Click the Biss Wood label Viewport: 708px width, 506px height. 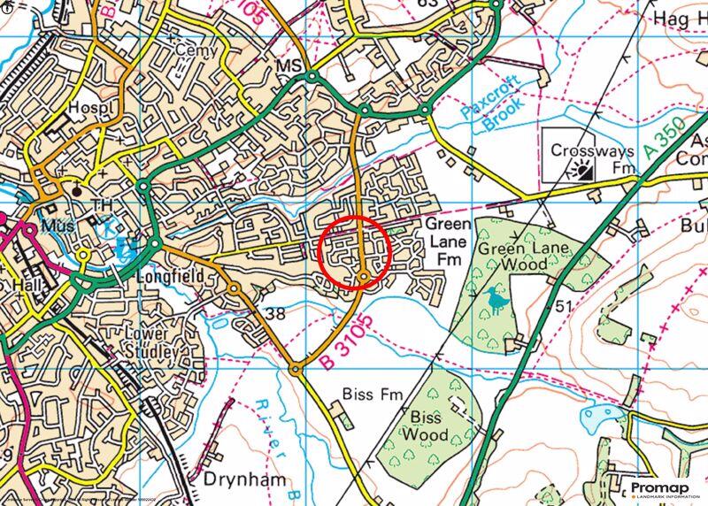click(425, 425)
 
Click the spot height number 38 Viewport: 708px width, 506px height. click(275, 313)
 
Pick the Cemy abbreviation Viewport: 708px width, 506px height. click(195, 51)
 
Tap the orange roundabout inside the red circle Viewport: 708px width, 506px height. click(364, 279)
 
